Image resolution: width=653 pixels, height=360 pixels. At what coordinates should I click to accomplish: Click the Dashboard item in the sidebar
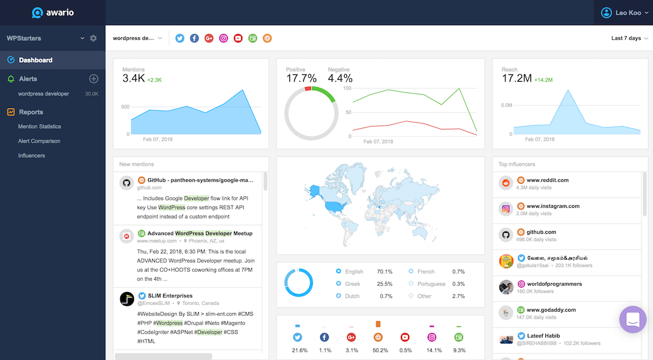[35, 60]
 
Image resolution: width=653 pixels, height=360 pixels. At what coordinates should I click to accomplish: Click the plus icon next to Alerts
[94, 79]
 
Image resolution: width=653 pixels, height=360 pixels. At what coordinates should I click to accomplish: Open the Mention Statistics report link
[39, 127]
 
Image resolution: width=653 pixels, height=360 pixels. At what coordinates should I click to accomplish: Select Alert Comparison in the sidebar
[39, 141]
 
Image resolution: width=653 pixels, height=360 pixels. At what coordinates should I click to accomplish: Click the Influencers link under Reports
[32, 156]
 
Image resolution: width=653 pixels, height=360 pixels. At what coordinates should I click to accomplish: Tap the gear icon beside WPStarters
[93, 39]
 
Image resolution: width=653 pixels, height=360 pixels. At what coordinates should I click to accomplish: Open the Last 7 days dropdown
[629, 39]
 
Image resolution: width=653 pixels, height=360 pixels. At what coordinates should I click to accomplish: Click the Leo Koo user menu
[624, 13]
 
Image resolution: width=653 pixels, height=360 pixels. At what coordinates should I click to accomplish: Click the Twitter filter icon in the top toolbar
[180, 39]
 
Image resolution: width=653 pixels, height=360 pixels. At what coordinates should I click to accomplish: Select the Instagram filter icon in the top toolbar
[223, 39]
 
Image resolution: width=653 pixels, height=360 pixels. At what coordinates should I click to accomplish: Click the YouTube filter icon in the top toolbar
[238, 39]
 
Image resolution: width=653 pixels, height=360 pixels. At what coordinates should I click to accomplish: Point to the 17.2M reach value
[516, 79]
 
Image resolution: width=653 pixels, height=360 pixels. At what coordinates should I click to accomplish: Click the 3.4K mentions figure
[133, 79]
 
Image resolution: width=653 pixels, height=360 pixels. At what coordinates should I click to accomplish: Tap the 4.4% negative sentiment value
[340, 78]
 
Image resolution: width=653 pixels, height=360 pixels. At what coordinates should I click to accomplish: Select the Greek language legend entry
[353, 284]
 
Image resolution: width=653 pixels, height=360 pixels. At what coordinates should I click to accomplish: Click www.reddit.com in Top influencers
[547, 180]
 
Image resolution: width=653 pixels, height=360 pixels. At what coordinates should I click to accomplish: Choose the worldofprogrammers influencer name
[554, 284]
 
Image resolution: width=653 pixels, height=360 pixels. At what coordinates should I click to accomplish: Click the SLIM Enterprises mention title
[170, 296]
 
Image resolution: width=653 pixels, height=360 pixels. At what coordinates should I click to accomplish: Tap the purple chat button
[633, 319]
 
